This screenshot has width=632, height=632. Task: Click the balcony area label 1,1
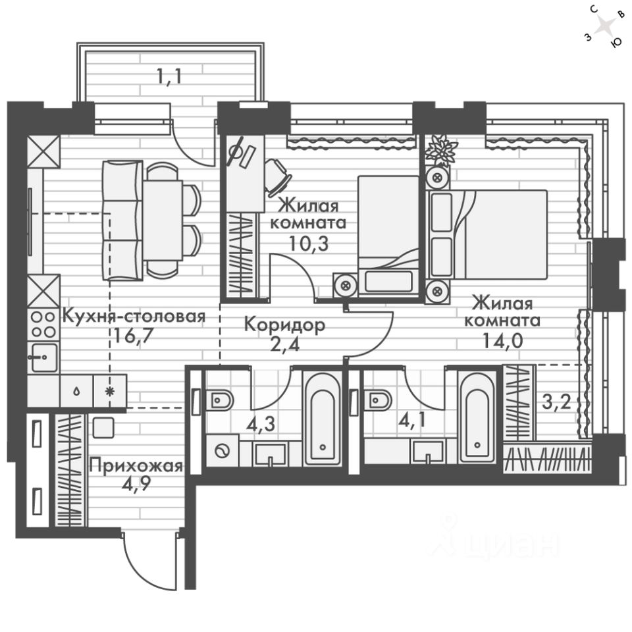[x=169, y=76]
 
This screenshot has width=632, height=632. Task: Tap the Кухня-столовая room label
[x=134, y=317]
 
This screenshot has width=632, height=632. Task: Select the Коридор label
[x=284, y=325]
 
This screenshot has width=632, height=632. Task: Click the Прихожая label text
[x=136, y=466]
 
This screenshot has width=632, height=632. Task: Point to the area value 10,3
[x=309, y=243]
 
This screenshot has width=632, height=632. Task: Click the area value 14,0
[x=502, y=340]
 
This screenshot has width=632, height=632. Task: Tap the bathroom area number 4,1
[x=412, y=421]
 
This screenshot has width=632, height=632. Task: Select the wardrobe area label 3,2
[x=556, y=402]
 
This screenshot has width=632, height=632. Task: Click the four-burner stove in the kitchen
[x=43, y=325]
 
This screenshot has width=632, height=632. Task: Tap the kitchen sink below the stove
[x=43, y=357]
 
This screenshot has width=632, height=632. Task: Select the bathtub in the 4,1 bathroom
[x=476, y=419]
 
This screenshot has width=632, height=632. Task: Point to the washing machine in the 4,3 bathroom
[x=223, y=450]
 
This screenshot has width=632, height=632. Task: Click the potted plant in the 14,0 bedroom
[x=441, y=150]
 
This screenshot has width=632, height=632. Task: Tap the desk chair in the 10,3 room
[x=278, y=177]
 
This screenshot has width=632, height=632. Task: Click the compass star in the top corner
[x=604, y=27]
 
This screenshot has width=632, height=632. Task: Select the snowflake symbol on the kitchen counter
[x=110, y=391]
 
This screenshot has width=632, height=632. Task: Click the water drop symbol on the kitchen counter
[x=76, y=391]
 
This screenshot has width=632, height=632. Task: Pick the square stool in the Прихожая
[x=103, y=428]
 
